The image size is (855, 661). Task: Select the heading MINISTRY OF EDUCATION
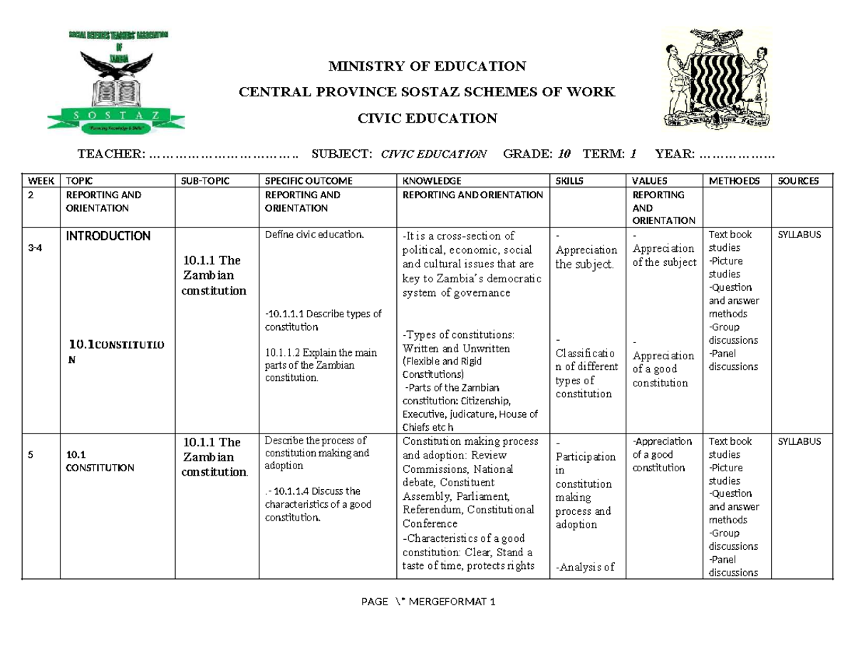click(426, 67)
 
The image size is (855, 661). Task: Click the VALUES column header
click(649, 181)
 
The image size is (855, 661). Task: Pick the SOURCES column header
click(799, 181)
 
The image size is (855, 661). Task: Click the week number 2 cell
click(31, 195)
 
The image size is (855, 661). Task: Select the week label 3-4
click(34, 248)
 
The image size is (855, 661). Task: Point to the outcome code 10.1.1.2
click(284, 352)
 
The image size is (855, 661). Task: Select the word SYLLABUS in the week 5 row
click(798, 442)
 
